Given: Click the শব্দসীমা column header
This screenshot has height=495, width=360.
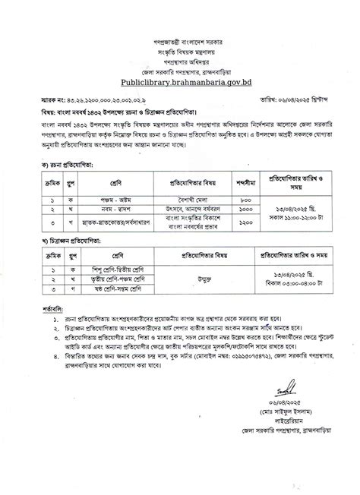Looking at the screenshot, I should [247, 161].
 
